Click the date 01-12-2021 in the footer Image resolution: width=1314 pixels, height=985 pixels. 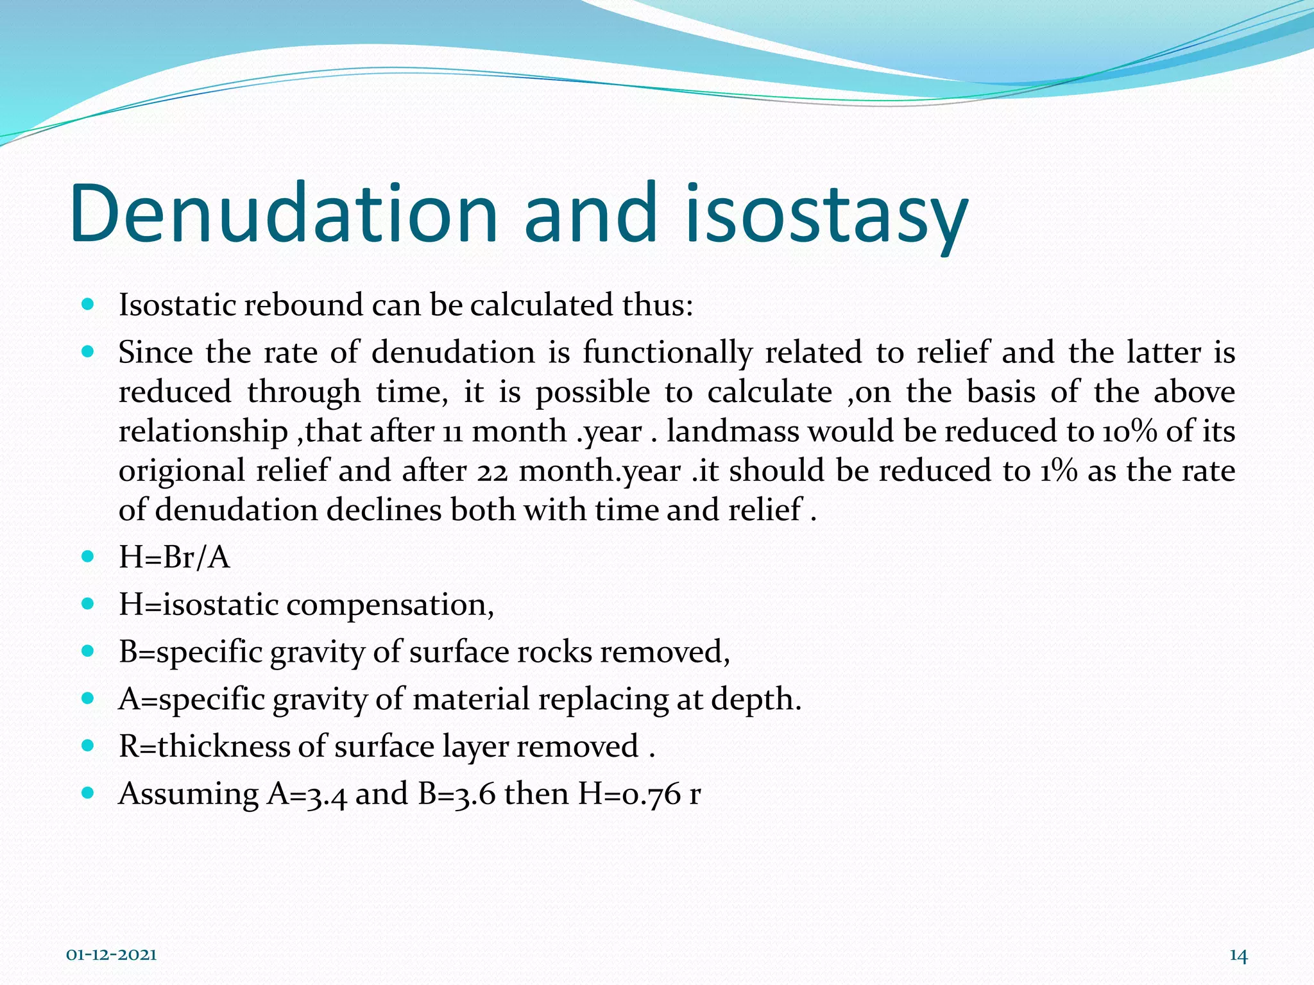click(112, 956)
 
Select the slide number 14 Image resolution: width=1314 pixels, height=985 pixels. click(1238, 956)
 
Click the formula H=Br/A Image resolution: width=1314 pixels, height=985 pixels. click(174, 557)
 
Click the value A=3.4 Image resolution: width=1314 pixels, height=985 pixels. click(307, 794)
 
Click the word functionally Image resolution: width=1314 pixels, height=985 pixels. click(667, 353)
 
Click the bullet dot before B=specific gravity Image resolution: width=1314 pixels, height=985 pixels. click(89, 652)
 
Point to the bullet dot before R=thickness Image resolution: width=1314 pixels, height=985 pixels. click(89, 746)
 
